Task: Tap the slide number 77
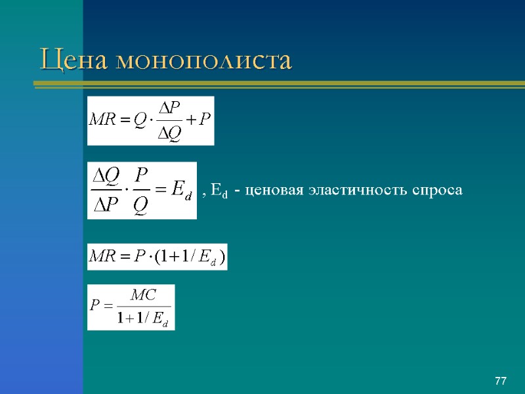(501, 382)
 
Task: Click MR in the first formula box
(103, 121)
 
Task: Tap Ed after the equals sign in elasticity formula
(181, 192)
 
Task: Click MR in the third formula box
(102, 257)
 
